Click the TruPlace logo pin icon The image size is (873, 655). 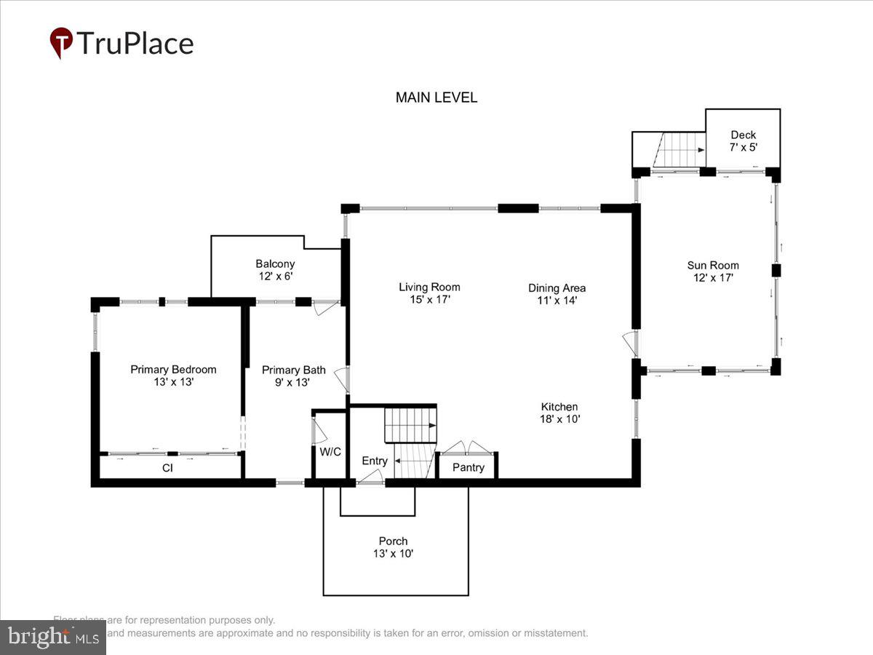coord(61,43)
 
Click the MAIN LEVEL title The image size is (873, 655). coord(436,98)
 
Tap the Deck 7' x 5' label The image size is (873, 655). coord(744,140)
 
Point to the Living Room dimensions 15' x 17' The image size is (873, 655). coord(429,299)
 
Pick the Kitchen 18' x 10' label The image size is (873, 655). coord(559,413)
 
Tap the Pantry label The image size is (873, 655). coord(468,467)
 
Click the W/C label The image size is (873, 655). coord(330,451)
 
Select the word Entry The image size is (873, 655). coord(375,461)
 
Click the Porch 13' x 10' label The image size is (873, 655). coord(393,547)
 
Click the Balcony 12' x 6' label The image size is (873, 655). coord(275,270)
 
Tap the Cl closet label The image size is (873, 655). coord(167,468)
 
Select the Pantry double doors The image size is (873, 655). coord(466,447)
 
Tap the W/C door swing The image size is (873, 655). coord(316,429)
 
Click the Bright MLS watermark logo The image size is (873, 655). coord(52,638)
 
